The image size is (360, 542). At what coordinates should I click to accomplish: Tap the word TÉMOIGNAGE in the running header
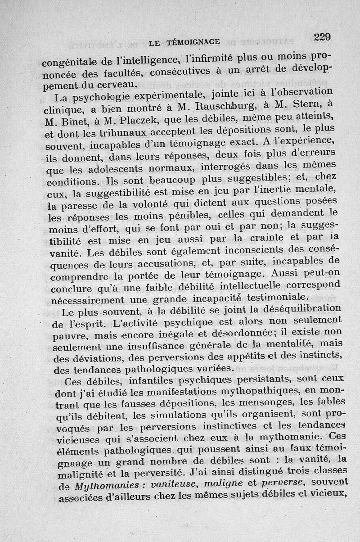(193, 42)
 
